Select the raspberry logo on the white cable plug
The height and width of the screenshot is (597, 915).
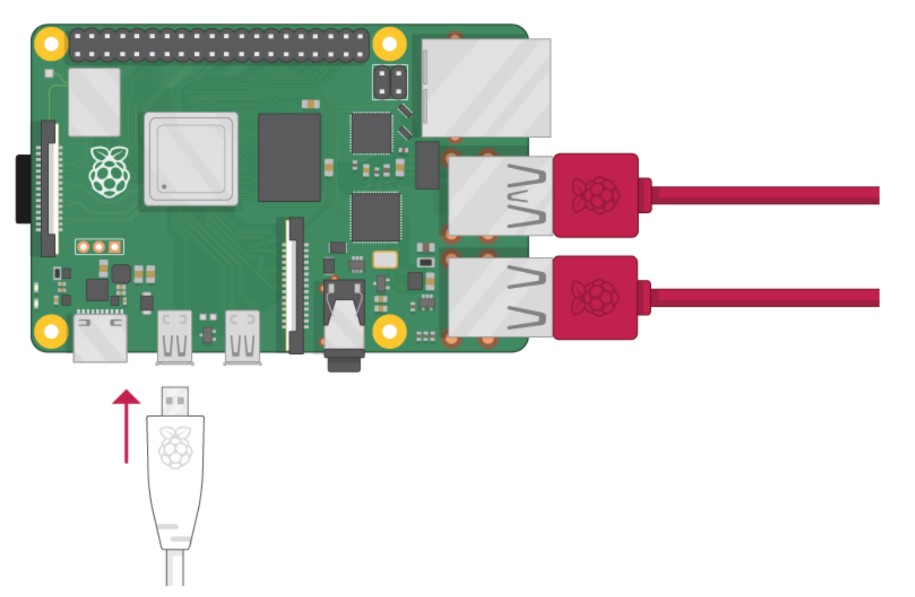pos(176,448)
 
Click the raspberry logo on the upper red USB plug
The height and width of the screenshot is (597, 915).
pos(595,195)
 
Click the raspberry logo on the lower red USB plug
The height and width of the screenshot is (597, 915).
pos(595,298)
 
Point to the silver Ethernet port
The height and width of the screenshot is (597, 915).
pos(486,87)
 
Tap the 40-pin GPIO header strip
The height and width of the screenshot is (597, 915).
pos(220,45)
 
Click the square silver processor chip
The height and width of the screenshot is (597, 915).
pos(191,159)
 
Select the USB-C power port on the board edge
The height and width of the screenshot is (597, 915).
pos(100,337)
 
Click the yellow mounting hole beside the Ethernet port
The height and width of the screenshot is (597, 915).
pos(389,43)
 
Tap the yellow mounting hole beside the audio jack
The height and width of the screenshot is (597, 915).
pos(390,331)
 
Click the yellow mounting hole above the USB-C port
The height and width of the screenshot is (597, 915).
pos(51,331)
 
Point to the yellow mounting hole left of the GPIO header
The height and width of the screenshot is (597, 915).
pos(51,43)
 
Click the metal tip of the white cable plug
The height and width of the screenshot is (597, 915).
pos(175,401)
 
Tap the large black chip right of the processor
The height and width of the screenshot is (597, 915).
pos(289,157)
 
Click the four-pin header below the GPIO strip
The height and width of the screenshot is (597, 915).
pos(390,82)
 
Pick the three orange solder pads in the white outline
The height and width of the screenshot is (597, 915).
pos(99,247)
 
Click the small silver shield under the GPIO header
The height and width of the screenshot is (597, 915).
pos(94,102)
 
